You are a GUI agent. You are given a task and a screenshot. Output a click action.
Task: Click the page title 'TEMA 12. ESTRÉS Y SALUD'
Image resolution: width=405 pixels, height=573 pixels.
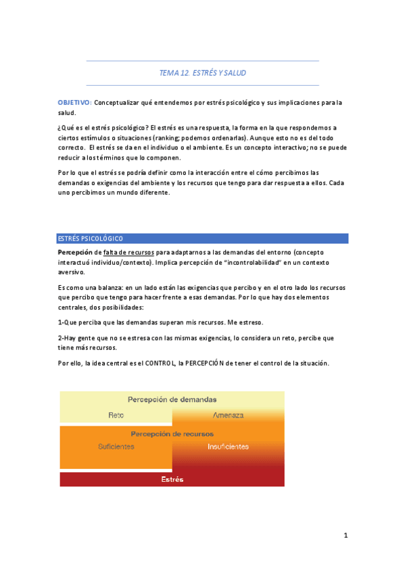click(202, 73)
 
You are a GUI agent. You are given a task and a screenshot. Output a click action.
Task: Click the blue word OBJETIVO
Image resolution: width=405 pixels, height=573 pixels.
click(74, 103)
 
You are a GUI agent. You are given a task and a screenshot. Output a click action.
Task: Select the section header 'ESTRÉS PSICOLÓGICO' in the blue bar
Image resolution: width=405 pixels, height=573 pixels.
click(90, 239)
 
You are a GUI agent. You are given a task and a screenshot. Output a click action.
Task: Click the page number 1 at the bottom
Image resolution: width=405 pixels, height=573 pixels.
click(346, 536)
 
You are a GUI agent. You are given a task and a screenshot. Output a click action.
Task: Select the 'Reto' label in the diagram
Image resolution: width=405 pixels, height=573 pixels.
click(116, 414)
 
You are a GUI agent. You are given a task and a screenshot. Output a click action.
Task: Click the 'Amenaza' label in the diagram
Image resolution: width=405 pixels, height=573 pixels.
click(228, 414)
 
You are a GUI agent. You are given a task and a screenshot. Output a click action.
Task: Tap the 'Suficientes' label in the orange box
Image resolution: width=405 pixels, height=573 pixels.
click(116, 447)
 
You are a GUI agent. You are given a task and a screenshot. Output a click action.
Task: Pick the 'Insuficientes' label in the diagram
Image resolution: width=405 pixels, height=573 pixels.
click(228, 447)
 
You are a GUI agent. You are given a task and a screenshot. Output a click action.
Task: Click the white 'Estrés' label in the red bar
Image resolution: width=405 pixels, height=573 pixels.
click(172, 479)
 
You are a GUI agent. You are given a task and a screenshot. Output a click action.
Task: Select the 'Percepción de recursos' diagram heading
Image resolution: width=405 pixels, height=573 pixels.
click(172, 434)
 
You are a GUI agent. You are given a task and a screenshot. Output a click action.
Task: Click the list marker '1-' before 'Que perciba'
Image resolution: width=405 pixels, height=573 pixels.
click(61, 322)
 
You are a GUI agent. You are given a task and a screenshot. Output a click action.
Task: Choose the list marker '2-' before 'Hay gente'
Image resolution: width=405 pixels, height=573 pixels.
click(61, 337)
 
